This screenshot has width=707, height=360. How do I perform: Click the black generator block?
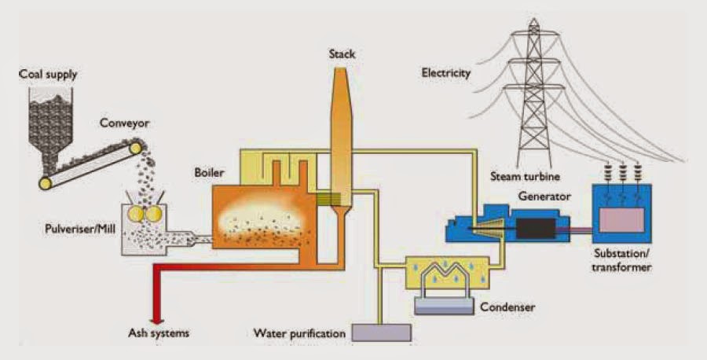534,229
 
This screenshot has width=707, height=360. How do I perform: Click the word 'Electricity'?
445,73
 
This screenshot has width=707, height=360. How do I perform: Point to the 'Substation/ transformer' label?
624,261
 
